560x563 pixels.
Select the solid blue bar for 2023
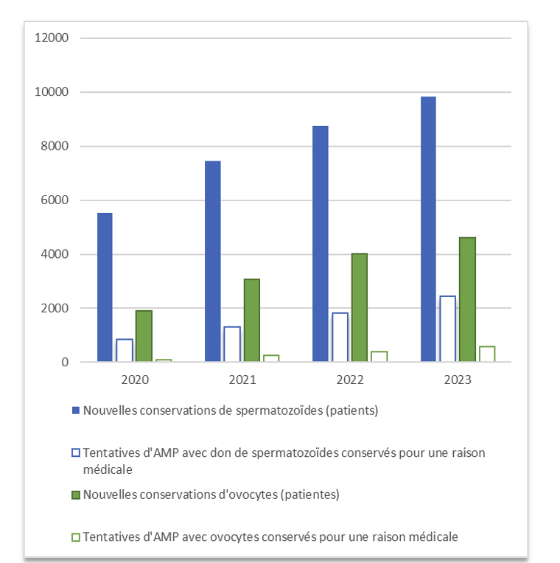tap(428, 229)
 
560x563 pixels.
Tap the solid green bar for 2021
tap(251, 321)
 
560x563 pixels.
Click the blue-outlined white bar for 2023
tap(447, 329)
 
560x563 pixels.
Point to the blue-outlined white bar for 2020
tap(124, 350)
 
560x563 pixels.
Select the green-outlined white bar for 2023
tap(486, 354)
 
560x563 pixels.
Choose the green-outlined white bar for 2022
tap(379, 357)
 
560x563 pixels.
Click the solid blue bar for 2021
tap(212, 262)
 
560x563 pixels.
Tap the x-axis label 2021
tap(242, 380)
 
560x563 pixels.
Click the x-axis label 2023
tap(458, 380)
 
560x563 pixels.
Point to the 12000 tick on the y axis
tap(52, 38)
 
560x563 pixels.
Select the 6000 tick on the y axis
tap(55, 200)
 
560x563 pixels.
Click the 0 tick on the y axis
tap(65, 363)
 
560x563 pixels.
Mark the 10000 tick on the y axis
tap(52, 92)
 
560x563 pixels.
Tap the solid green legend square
tap(76, 495)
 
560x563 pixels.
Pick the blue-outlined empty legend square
tap(76, 453)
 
